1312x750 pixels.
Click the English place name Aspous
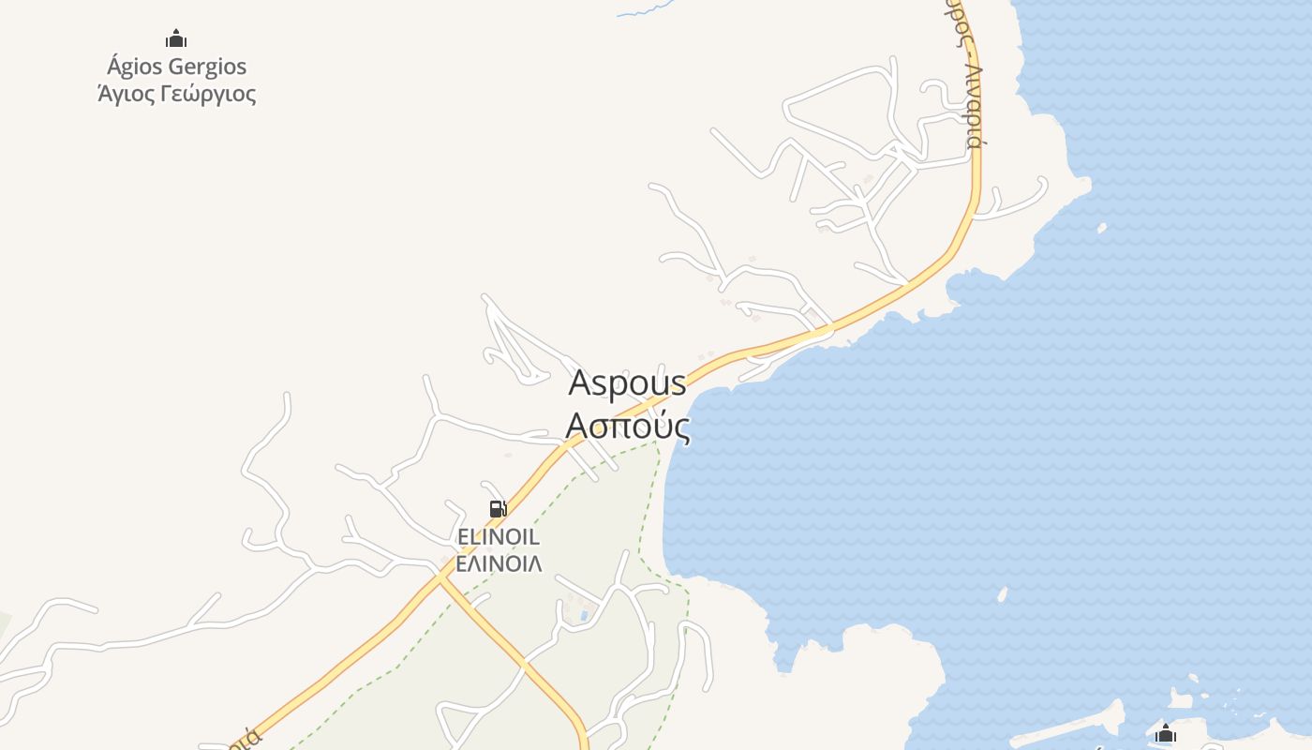(x=627, y=382)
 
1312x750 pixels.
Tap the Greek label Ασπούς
(x=628, y=427)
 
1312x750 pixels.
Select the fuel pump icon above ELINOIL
(x=498, y=509)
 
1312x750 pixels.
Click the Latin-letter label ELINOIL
(x=498, y=537)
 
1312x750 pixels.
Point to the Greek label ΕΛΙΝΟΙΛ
(x=498, y=564)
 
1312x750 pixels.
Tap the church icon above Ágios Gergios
(x=176, y=39)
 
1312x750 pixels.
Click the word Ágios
(x=135, y=67)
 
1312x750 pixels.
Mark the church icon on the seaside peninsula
(x=1166, y=734)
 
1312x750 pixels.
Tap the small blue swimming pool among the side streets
(x=585, y=616)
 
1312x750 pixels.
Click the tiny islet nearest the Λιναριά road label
(x=1102, y=227)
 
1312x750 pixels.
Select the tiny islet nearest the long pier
(x=1002, y=593)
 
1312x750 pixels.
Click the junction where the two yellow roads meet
(x=440, y=578)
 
